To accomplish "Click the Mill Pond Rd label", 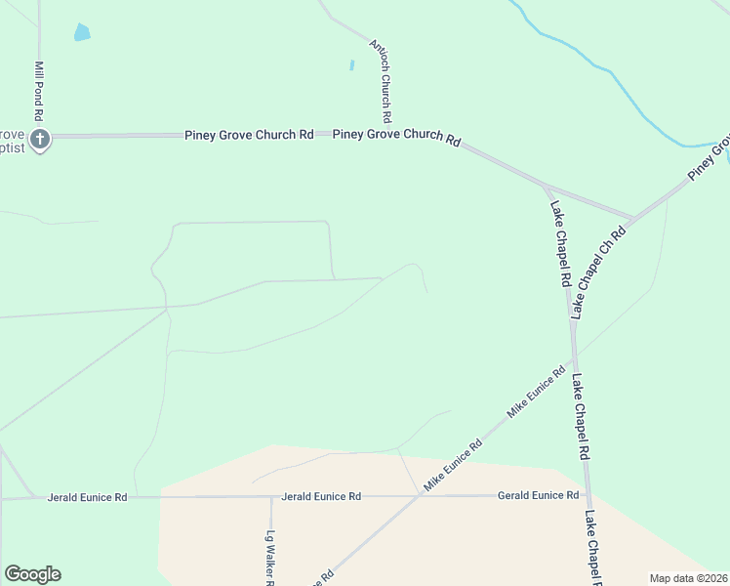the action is click(x=39, y=85).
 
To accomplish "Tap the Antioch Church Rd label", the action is click(x=381, y=74).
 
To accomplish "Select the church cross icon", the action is click(x=39, y=139).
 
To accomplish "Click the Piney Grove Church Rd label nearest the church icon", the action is click(x=249, y=135).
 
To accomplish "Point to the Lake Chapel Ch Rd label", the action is click(x=597, y=272).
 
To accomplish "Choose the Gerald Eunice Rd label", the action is click(x=538, y=495).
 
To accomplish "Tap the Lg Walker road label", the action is click(x=271, y=556).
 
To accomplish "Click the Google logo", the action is click(x=32, y=574).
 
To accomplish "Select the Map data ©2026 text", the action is click(x=688, y=578).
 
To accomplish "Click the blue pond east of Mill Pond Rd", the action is click(x=82, y=32).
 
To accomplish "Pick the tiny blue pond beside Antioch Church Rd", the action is click(x=351, y=65).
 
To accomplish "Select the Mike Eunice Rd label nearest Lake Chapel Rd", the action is click(x=536, y=393).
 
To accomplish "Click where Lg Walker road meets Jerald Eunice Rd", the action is click(x=271, y=497).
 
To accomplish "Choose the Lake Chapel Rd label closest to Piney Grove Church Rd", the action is click(x=560, y=243).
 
